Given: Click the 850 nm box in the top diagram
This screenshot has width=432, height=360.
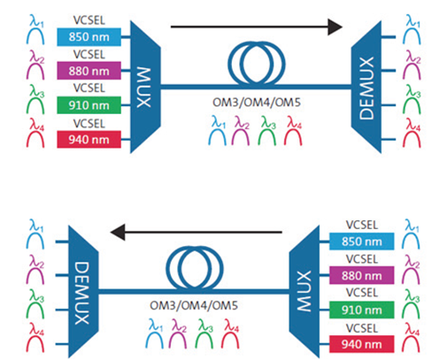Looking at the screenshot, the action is point(89,37).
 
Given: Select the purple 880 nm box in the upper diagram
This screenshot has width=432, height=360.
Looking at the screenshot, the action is point(89,71).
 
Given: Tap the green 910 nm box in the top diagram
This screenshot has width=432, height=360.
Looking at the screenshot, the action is point(89,105).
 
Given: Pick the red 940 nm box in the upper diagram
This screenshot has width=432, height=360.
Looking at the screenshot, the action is point(89,139).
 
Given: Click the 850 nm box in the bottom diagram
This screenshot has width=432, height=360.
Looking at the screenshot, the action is point(362,241).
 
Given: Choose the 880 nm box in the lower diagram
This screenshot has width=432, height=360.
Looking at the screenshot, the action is point(362,275).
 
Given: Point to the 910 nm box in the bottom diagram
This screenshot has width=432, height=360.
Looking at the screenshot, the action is point(362,310).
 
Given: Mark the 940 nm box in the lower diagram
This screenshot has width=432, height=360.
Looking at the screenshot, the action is point(362,344).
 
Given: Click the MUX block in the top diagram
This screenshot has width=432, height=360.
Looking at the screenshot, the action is point(145,87).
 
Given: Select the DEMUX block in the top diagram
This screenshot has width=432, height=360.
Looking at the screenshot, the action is point(366,87).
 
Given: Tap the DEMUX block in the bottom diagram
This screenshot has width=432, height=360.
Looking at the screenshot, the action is point(83,292).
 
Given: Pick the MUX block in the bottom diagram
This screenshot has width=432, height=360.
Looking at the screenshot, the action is point(305,292).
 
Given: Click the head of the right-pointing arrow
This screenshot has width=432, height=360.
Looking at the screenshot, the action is point(336,27).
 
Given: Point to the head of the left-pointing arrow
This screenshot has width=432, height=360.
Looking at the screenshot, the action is point(118,232).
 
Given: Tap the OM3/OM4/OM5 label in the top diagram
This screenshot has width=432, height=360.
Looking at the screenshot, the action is point(257,103).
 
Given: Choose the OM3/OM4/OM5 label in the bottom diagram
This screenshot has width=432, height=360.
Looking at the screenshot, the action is point(194,305).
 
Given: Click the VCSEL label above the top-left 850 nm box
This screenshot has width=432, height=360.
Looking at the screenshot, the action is point(89,20).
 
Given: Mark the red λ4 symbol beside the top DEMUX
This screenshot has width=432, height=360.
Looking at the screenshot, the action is point(413,133).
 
